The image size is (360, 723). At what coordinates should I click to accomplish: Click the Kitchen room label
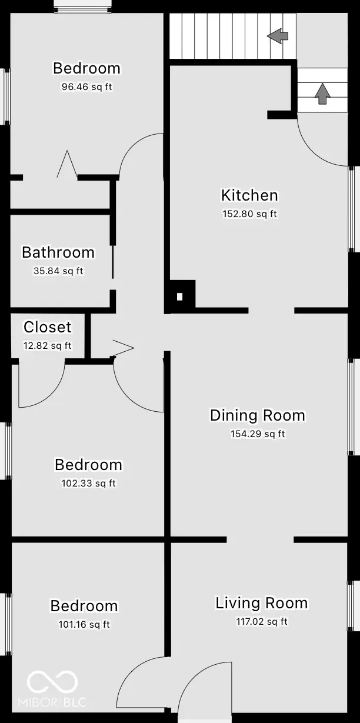(249, 195)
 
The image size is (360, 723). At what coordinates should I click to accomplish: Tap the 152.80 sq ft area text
(249, 214)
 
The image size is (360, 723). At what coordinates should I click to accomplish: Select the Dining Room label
(258, 415)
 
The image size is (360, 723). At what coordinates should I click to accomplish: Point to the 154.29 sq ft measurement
(258, 434)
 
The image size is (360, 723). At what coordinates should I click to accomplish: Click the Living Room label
(261, 603)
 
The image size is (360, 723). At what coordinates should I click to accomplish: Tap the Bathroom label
(58, 252)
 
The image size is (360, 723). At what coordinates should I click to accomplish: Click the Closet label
(47, 327)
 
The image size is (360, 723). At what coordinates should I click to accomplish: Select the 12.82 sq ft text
(47, 345)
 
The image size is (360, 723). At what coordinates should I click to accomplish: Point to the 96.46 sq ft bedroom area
(86, 87)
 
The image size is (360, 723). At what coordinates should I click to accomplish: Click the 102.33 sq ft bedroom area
(89, 484)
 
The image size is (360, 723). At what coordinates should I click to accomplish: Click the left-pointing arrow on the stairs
(278, 36)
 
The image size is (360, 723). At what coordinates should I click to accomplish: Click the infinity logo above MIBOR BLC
(52, 682)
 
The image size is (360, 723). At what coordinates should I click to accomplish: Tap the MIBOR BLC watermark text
(52, 702)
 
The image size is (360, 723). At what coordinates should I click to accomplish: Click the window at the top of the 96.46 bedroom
(82, 7)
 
